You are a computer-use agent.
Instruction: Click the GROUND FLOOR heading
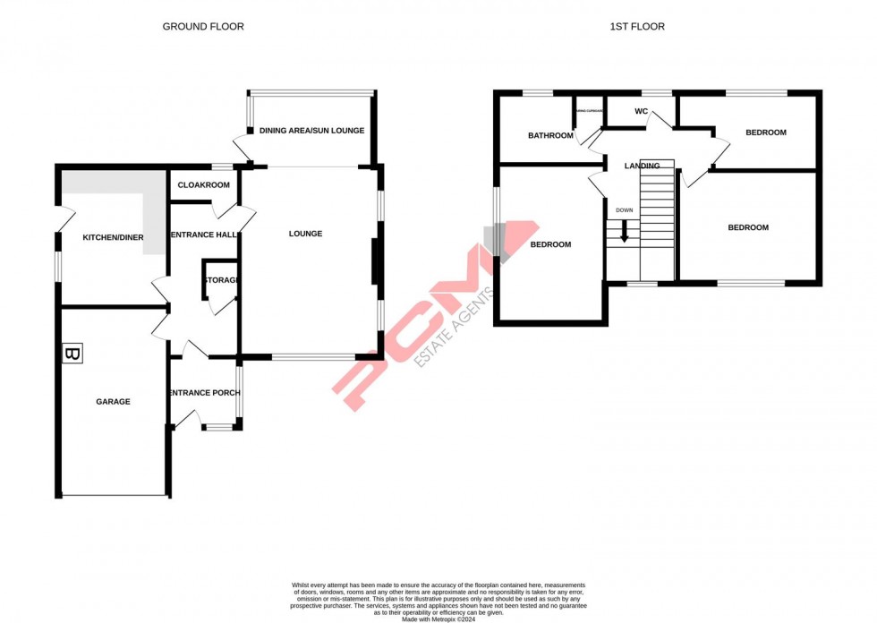pos(202,27)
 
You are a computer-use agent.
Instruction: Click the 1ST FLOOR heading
pos(637,27)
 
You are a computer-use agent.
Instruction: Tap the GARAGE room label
pos(113,402)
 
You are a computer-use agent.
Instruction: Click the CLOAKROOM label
pos(203,185)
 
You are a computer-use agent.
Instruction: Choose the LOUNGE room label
pos(305,234)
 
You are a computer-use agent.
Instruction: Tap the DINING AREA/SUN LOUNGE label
pos(311,131)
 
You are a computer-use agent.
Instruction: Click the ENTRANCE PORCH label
pos(204,393)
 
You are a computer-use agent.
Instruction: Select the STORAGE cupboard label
pos(222,280)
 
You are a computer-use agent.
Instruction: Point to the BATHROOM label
pos(549,136)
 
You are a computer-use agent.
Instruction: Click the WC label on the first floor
pos(641,112)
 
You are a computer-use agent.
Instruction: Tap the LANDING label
pos(643,166)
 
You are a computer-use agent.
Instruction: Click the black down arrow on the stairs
pos(624,232)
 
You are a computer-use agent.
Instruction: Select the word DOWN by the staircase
pos(624,211)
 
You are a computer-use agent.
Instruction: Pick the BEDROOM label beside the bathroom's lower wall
pos(550,244)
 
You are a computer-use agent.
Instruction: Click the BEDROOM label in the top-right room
pos(765,132)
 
